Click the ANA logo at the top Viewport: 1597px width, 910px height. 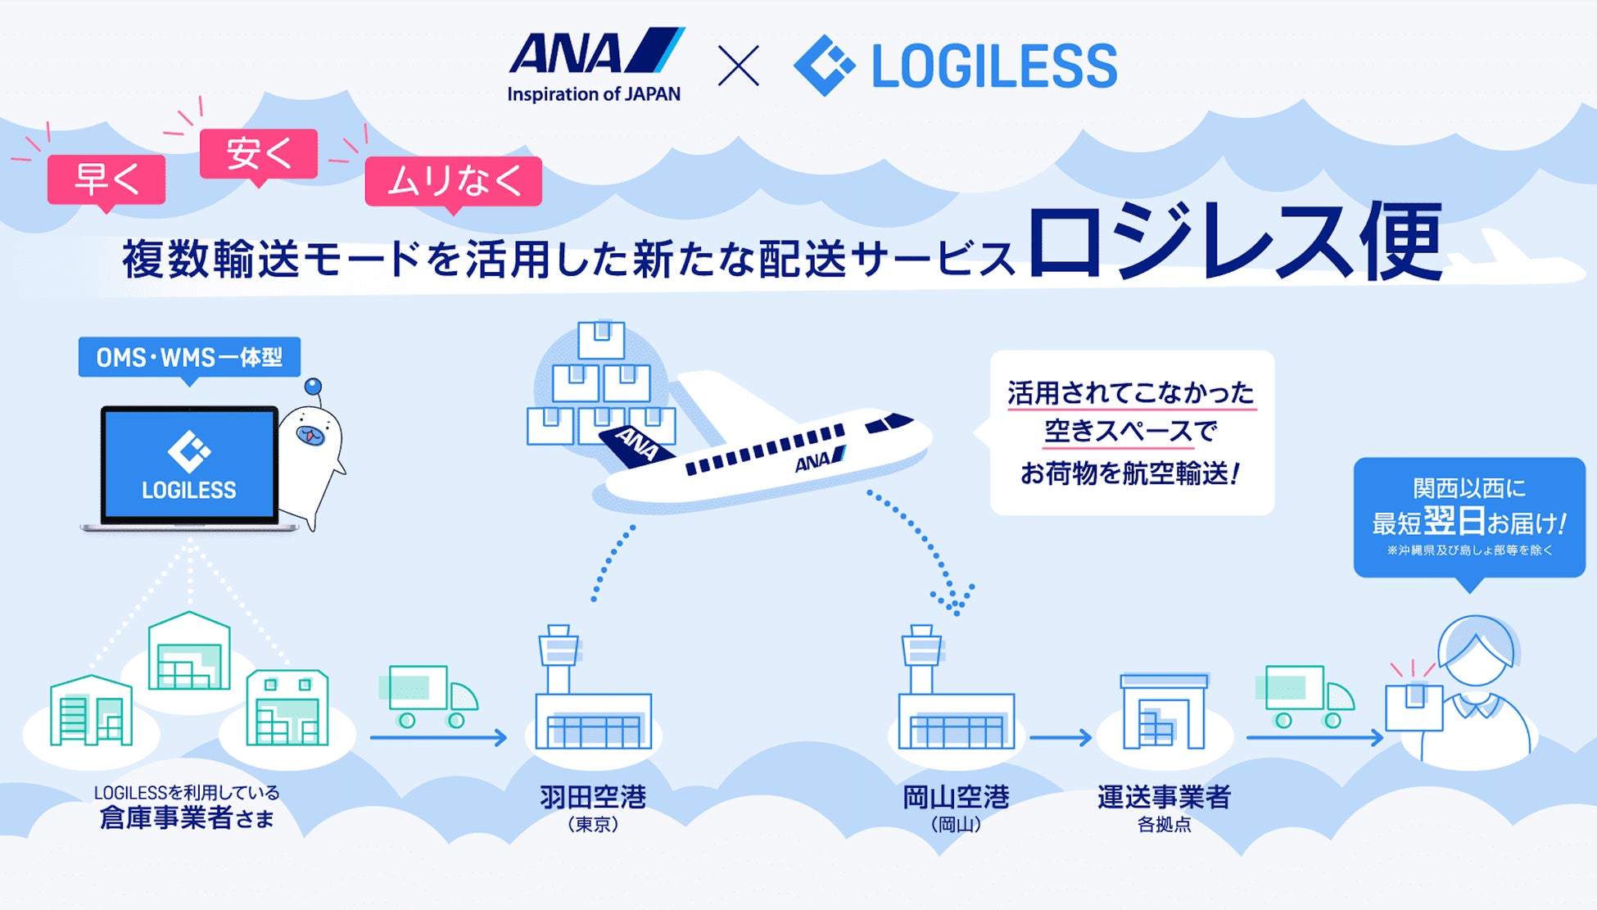pyautogui.click(x=595, y=64)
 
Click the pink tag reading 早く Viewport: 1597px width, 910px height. pyautogui.click(x=106, y=179)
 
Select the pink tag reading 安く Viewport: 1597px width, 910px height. pyautogui.click(x=259, y=153)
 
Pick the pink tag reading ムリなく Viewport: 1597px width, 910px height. pyautogui.click(x=454, y=181)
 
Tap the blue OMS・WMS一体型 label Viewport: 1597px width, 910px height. pyautogui.click(x=189, y=357)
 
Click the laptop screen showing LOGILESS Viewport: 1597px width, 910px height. pyautogui.click(x=189, y=464)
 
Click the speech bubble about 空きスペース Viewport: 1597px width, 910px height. pyautogui.click(x=1131, y=432)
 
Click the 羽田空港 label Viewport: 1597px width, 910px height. pyautogui.click(x=593, y=797)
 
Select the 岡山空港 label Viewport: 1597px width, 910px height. pyautogui.click(x=956, y=797)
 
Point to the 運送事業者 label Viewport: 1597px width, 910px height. pyautogui.click(x=1164, y=797)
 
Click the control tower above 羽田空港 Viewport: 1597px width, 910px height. pyautogui.click(x=559, y=656)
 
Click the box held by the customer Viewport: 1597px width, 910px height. pyautogui.click(x=1414, y=706)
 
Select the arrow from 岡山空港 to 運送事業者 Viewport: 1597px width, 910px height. pyautogui.click(x=1061, y=738)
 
